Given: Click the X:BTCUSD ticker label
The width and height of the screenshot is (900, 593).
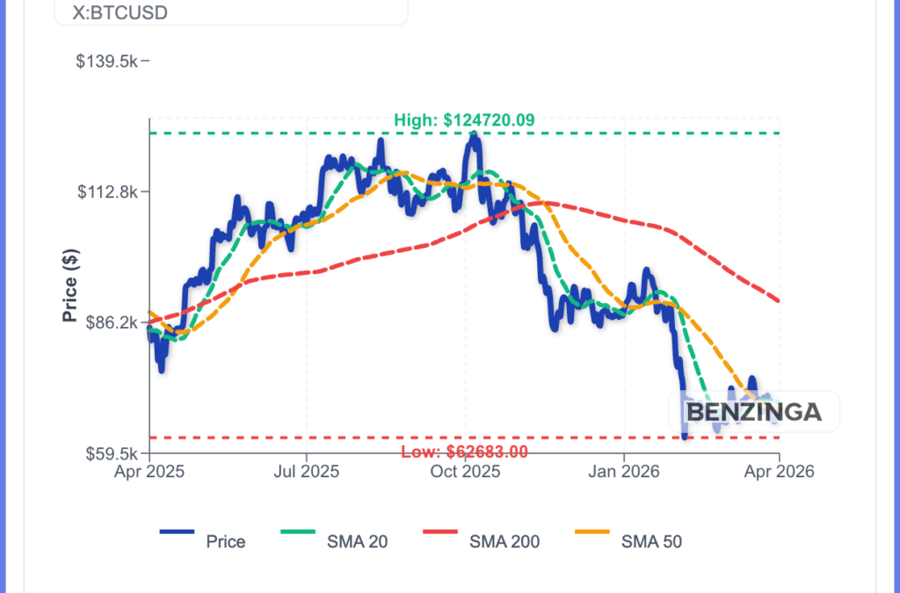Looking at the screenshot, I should click(x=120, y=14).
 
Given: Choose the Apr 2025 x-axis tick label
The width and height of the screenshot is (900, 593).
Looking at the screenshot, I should click(x=149, y=472).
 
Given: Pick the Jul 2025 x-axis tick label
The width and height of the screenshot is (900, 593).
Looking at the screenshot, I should click(x=307, y=472).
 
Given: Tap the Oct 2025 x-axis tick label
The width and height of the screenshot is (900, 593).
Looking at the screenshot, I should click(x=465, y=472).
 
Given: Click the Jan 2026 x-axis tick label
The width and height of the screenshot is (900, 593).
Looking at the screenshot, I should click(x=623, y=472).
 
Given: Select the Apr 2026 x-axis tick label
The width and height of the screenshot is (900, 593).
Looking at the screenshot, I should click(x=780, y=472).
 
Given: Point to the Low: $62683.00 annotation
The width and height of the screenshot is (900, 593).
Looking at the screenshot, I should click(x=464, y=452).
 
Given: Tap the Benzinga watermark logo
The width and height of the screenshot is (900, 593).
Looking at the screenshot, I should click(x=753, y=411).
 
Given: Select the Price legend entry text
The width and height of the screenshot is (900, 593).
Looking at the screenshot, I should click(x=226, y=541).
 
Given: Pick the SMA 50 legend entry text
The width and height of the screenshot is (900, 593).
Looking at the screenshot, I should click(x=651, y=541).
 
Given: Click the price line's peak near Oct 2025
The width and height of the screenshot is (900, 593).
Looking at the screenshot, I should click(x=475, y=135).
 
